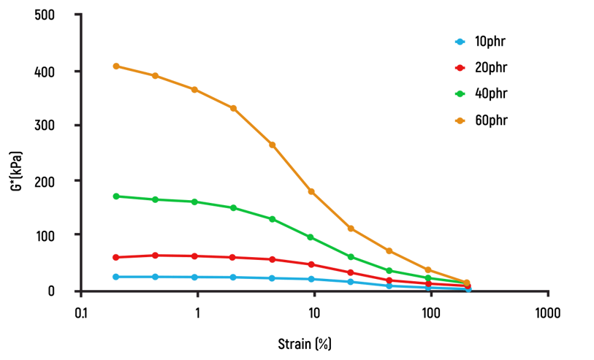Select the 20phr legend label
(x=490, y=68)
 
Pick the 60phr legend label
(x=490, y=120)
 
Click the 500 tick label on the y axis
(x=47, y=15)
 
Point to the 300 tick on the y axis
(x=47, y=126)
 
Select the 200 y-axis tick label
(x=47, y=180)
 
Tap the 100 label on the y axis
(x=47, y=235)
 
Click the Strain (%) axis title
(x=304, y=342)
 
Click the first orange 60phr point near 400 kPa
(x=116, y=66)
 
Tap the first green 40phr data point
(x=116, y=196)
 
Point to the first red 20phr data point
(x=116, y=257)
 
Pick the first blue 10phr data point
(x=116, y=277)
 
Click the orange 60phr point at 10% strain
(x=311, y=191)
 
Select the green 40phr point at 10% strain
(x=311, y=237)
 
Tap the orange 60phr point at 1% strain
(x=194, y=90)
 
